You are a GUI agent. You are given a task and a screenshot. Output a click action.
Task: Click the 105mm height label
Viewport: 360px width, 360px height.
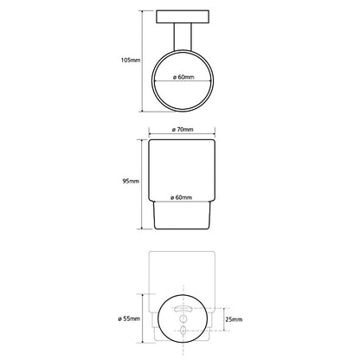click(131, 61)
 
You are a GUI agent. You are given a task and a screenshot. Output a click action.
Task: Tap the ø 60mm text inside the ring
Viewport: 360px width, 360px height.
click(183, 77)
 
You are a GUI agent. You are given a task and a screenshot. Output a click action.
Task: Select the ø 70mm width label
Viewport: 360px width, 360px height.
click(183, 130)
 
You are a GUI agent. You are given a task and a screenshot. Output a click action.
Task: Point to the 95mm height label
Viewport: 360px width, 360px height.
click(131, 181)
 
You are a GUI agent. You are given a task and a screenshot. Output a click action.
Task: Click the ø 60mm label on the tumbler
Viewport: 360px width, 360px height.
click(181, 197)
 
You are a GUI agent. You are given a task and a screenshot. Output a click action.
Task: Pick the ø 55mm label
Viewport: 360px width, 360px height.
click(129, 318)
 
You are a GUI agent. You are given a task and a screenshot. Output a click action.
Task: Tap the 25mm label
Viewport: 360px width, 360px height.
click(234, 319)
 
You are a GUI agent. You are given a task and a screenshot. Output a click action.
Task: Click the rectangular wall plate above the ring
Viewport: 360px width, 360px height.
click(183, 16)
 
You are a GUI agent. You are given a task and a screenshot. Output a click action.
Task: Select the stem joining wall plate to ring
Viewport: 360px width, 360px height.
click(183, 37)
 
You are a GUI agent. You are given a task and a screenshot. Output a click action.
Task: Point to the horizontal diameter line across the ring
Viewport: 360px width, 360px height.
click(183, 81)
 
